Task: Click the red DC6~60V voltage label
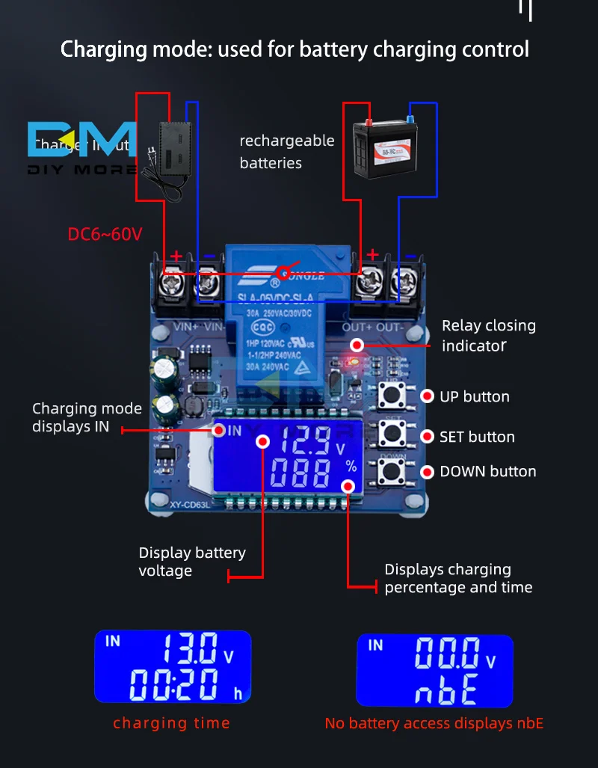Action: tap(105, 234)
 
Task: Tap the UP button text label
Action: tap(474, 397)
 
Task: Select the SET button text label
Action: tap(477, 437)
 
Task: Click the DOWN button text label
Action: tap(487, 472)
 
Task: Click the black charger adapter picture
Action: tap(172, 159)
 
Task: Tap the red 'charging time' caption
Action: tap(171, 723)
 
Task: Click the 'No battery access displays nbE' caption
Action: tap(434, 723)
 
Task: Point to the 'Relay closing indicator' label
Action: tap(488, 335)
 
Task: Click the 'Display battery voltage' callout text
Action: tap(192, 562)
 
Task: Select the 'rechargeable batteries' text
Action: tap(286, 152)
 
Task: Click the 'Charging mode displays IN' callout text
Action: tap(87, 417)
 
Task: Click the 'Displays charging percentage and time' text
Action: tap(458, 578)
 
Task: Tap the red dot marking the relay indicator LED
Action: tap(357, 345)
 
